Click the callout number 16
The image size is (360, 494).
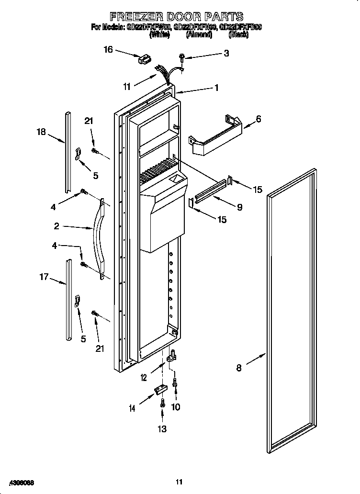pyautogui.click(x=108, y=50)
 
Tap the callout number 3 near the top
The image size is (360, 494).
pyautogui.click(x=226, y=54)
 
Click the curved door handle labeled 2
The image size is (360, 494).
pyautogui.click(x=98, y=237)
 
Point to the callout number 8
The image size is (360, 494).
pyautogui.click(x=239, y=368)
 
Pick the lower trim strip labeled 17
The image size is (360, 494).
pyautogui.click(x=69, y=299)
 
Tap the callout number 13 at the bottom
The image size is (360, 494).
pyautogui.click(x=162, y=429)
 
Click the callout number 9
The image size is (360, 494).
pyautogui.click(x=239, y=207)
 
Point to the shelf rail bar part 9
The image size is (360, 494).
pyautogui.click(x=209, y=190)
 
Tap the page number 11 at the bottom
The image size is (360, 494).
pyautogui.click(x=179, y=481)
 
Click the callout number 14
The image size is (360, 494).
pyautogui.click(x=132, y=408)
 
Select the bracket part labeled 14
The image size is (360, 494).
pyautogui.click(x=158, y=391)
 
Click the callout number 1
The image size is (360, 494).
pyautogui.click(x=216, y=88)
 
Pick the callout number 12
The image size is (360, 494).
pyautogui.click(x=144, y=378)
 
